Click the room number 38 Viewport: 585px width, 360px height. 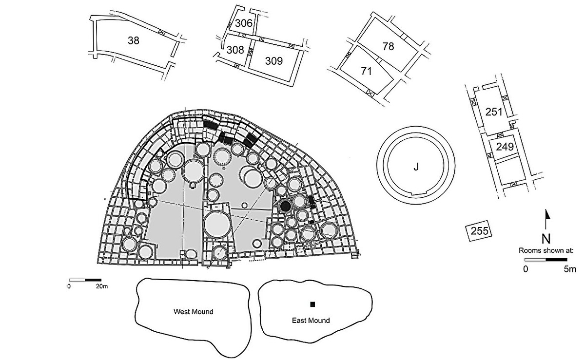click(x=133, y=41)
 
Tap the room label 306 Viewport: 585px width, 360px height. click(x=243, y=23)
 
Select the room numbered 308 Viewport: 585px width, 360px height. click(x=235, y=50)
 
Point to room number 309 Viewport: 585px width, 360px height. click(x=273, y=61)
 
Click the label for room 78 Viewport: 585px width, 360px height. click(x=388, y=47)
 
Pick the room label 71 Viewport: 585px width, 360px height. click(x=367, y=71)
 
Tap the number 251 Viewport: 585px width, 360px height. click(x=494, y=112)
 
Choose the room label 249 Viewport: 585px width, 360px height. click(x=505, y=147)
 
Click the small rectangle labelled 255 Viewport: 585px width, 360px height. click(x=479, y=231)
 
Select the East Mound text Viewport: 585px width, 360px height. click(x=311, y=321)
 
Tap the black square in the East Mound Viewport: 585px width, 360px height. click(x=313, y=304)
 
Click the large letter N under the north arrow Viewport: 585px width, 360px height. click(x=546, y=239)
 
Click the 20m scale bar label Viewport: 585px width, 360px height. click(x=101, y=286)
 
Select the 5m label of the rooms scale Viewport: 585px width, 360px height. click(x=569, y=269)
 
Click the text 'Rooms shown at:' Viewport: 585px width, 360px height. click(x=546, y=250)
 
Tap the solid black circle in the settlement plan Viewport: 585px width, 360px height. click(x=286, y=206)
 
